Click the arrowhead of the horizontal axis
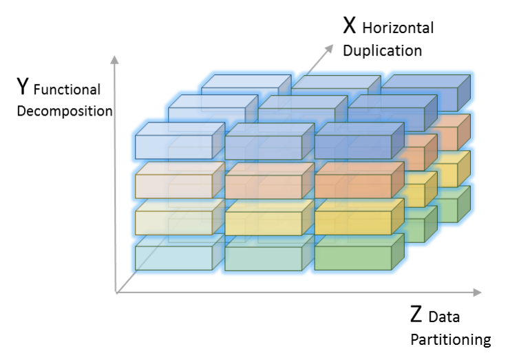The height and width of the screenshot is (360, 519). click(x=477, y=293)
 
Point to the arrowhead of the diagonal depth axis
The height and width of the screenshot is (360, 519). click(x=329, y=49)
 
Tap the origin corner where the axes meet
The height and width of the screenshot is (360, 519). click(x=116, y=293)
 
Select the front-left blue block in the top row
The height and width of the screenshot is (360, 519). click(x=173, y=147)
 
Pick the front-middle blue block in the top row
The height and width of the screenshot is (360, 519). click(x=263, y=147)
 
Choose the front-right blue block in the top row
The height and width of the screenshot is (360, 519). click(x=352, y=147)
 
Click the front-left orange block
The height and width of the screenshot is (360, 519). click(x=173, y=186)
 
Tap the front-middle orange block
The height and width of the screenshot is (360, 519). click(x=263, y=186)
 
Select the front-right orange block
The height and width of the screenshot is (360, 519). click(x=352, y=186)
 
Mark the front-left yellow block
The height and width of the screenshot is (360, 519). click(x=173, y=222)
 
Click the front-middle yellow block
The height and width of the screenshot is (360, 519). click(x=263, y=222)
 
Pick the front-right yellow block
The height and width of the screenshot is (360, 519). click(x=352, y=222)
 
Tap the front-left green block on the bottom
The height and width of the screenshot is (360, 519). click(x=173, y=257)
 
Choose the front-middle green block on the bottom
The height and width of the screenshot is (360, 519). click(x=263, y=257)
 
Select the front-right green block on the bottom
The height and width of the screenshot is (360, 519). click(x=352, y=257)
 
